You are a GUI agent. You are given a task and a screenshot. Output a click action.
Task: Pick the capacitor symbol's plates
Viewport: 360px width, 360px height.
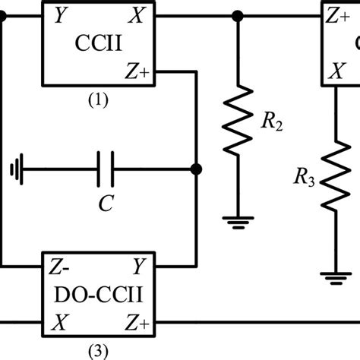[106, 169]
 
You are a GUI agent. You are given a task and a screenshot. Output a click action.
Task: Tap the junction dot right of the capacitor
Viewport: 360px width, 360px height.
[196, 169]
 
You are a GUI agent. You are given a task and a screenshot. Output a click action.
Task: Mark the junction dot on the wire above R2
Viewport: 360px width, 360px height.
[238, 14]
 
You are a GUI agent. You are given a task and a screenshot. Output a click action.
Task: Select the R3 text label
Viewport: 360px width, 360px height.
[303, 179]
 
